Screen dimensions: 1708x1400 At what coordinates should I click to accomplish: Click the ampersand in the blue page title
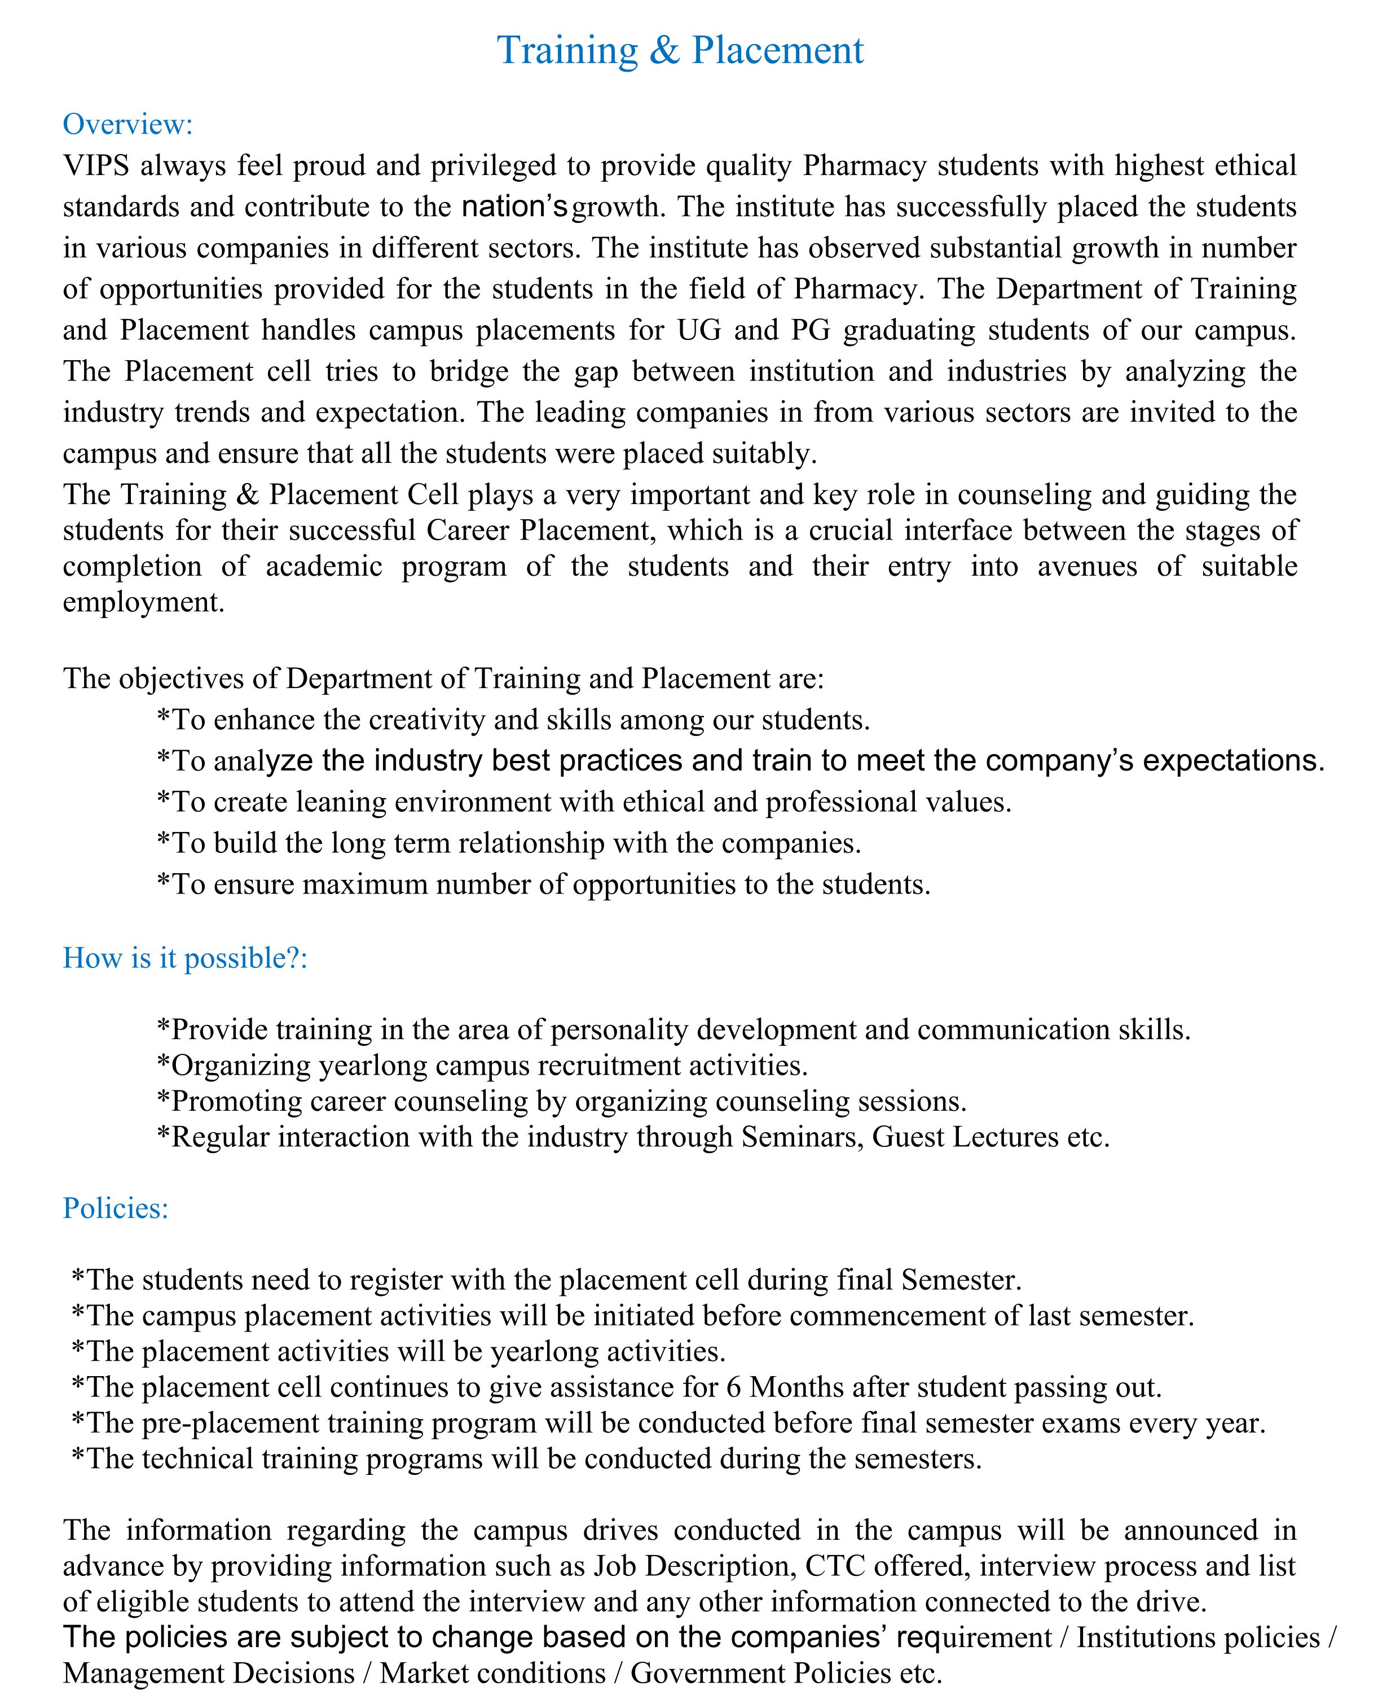664,50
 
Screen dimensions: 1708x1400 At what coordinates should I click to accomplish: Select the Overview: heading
128,124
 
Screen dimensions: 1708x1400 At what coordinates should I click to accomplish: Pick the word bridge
468,371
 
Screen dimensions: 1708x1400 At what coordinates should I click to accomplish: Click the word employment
143,602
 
